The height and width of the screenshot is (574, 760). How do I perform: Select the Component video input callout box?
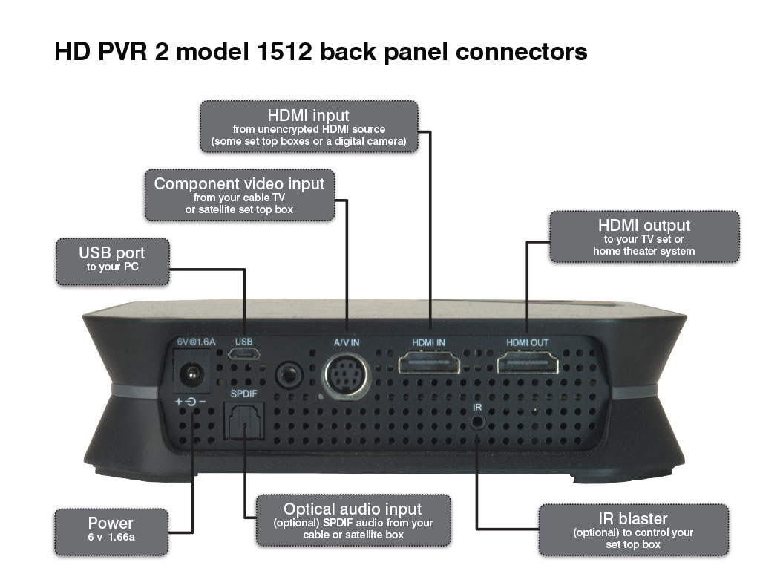pos(239,195)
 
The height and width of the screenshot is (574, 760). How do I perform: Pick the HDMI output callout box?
pos(643,236)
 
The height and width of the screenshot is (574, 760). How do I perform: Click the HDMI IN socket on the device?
pos(429,363)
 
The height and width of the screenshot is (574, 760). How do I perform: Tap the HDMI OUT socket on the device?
pos(527,363)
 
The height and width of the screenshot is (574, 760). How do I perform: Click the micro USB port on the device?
pos(244,357)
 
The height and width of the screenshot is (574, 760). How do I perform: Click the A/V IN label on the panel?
pos(346,342)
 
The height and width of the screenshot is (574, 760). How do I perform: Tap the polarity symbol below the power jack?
pos(191,402)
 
